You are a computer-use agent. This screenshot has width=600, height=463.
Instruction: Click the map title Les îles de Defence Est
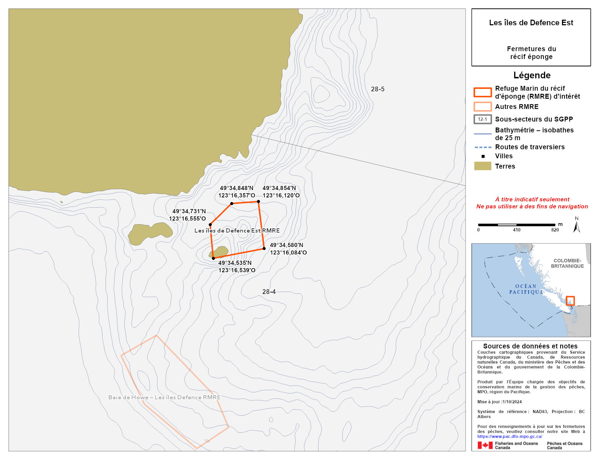pos(531,23)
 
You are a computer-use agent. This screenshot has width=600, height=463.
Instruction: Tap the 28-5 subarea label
pos(377,89)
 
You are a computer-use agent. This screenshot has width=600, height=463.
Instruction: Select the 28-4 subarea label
pos(269,292)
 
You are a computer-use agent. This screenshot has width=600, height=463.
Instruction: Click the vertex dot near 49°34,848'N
pos(232,203)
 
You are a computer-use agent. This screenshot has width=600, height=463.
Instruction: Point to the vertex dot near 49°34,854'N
pos(258,202)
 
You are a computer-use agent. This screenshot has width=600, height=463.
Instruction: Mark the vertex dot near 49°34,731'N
pos(210,224)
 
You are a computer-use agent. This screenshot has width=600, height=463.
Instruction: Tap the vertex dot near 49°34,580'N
pos(264,249)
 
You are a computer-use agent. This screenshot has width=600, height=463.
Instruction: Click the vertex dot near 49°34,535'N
pos(213,258)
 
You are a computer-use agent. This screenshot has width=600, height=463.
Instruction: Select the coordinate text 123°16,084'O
pos(288,253)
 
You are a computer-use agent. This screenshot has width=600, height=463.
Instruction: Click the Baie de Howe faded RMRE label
pos(164,397)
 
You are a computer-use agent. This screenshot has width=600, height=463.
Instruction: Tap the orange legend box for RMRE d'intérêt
pos(482,92)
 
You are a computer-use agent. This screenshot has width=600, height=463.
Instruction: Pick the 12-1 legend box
pos(482,119)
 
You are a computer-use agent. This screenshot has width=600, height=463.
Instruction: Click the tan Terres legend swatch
pos(482,166)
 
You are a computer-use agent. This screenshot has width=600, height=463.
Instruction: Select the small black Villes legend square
pos(483,156)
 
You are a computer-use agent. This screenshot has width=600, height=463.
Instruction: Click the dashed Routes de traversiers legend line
pos(482,147)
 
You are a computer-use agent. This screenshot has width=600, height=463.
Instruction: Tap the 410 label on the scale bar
pos(516,230)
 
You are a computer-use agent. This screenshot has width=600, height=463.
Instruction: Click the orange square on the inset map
pos(570,301)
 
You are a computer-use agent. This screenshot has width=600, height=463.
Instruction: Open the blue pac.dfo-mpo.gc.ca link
pos(510,436)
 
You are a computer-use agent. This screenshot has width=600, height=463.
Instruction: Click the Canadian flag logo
pos(485,445)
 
